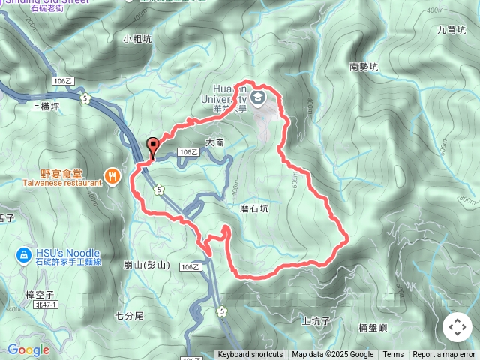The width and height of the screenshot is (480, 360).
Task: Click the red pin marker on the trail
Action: pos(154,146)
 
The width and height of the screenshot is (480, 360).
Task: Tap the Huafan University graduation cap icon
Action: pos(258,97)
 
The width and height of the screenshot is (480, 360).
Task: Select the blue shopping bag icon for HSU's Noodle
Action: pos(23,256)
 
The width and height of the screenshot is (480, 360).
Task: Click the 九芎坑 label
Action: pos(451,30)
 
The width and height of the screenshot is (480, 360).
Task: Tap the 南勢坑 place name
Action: pos(364,66)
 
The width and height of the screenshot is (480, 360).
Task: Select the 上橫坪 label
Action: pos(45,106)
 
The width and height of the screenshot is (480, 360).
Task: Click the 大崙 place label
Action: pos(214,142)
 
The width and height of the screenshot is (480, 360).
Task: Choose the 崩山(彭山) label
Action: pos(147,265)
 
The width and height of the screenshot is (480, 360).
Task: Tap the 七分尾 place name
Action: pos(129,316)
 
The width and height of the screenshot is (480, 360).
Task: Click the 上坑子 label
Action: pos(315,320)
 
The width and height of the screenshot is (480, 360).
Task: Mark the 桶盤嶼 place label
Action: pos(373,327)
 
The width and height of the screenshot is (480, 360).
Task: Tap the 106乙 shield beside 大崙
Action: pos(188,152)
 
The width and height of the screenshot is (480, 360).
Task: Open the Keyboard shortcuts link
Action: pos(250,355)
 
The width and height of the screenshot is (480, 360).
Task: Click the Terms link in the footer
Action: pos(393,355)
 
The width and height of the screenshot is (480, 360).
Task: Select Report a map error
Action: pos(445,355)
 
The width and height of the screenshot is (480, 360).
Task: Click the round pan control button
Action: pos(457,327)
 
